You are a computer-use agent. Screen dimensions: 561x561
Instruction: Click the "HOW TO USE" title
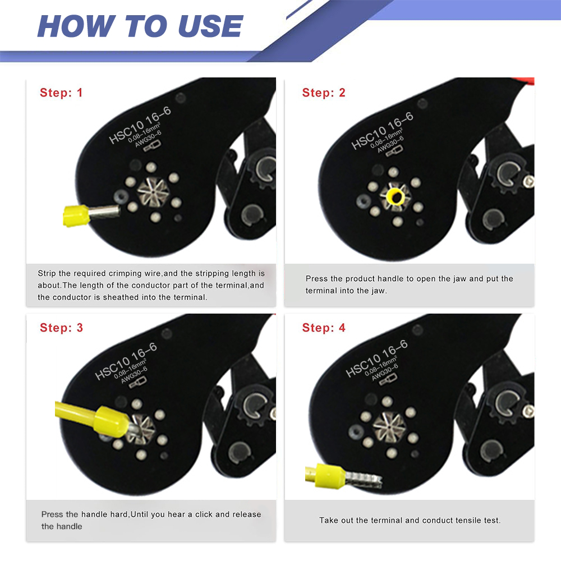click(140, 26)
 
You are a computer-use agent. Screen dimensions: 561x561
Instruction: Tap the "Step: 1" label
click(61, 93)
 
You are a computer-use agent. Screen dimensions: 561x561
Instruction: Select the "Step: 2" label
click(324, 93)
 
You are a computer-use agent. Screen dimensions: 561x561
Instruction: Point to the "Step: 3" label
click(61, 328)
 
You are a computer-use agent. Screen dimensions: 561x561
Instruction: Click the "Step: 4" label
click(324, 328)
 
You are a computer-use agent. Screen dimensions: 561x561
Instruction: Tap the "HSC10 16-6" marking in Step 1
click(140, 125)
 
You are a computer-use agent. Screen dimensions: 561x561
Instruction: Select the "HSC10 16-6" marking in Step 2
click(382, 131)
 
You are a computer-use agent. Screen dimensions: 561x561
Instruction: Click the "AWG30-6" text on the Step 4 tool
click(385, 373)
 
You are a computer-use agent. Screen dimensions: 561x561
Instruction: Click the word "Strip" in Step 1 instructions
click(47, 274)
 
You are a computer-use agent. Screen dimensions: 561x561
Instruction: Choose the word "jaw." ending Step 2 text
click(379, 291)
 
